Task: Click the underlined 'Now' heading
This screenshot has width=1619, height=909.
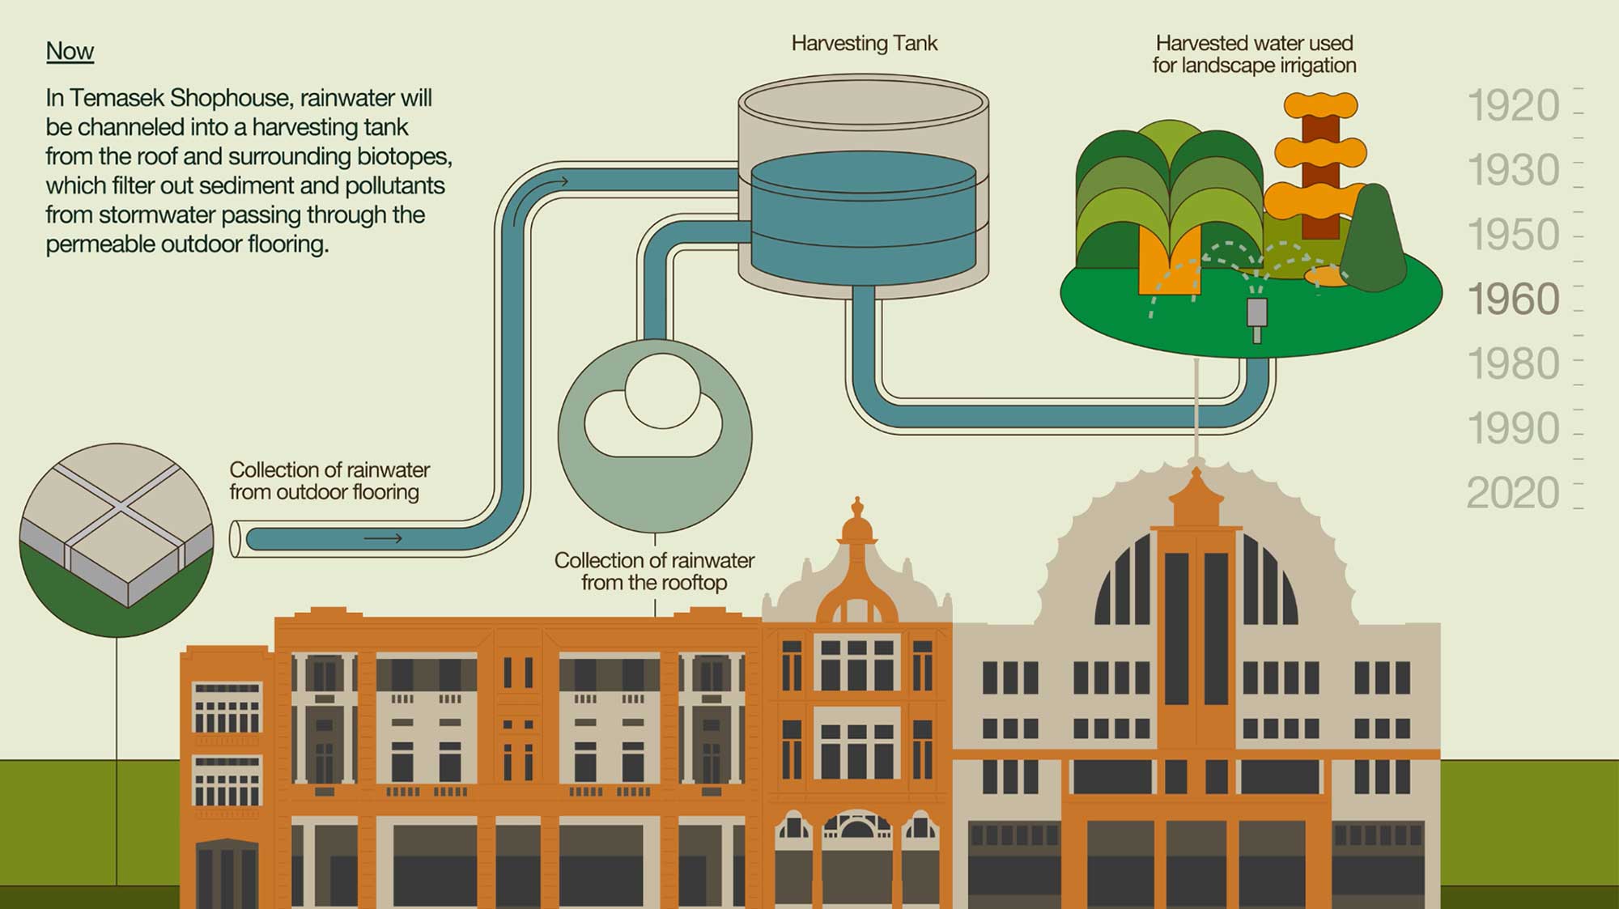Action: click(x=70, y=51)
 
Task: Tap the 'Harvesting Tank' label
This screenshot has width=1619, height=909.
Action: click(x=864, y=43)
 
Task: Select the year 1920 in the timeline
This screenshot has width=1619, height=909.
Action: click(x=1512, y=106)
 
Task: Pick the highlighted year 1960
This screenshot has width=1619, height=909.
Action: click(x=1512, y=299)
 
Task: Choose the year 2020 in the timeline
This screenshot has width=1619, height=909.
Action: click(x=1512, y=493)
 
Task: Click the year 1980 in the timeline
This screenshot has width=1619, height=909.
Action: click(x=1512, y=364)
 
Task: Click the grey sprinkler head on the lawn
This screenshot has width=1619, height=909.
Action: click(x=1256, y=316)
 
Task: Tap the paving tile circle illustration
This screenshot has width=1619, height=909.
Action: click(x=117, y=538)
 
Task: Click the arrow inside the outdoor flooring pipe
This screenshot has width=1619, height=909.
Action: click(x=383, y=538)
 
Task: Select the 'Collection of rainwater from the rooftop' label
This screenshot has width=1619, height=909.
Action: click(x=654, y=571)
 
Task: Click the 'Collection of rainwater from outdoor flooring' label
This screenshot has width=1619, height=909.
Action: click(x=329, y=481)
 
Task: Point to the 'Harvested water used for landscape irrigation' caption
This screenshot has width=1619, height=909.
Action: click(x=1254, y=54)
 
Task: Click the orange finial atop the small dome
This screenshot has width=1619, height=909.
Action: click(x=857, y=518)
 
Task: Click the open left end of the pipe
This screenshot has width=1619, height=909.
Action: click(x=236, y=539)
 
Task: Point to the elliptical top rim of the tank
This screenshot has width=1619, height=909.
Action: click(x=863, y=103)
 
